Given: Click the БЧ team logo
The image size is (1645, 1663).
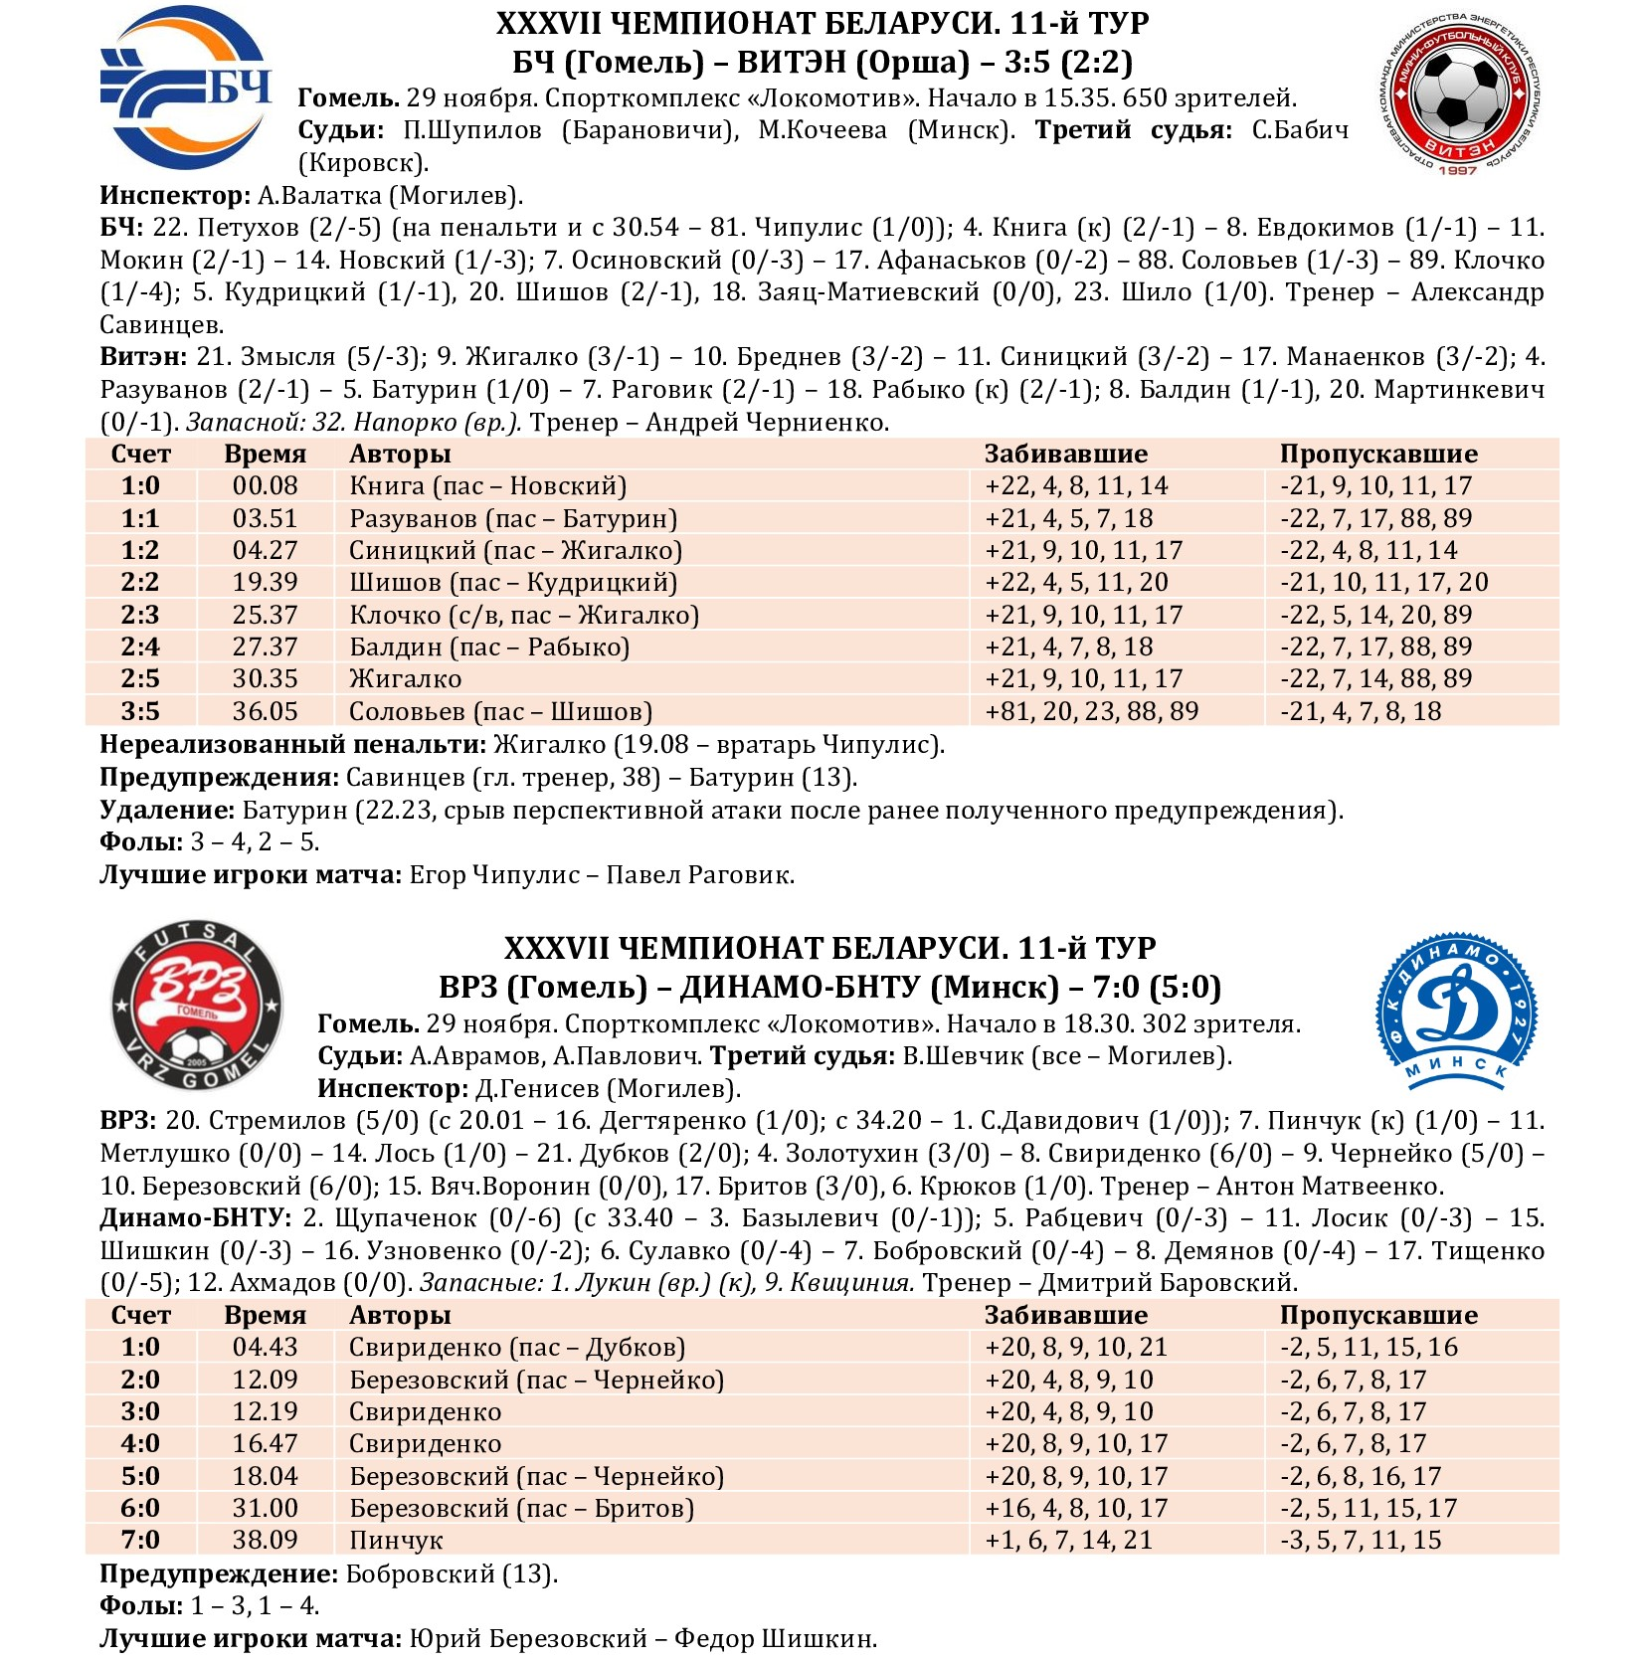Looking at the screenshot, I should point(186,89).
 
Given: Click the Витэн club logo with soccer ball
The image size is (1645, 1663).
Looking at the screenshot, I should point(1460,93).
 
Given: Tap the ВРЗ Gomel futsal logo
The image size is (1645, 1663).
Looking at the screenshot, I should point(196,1006).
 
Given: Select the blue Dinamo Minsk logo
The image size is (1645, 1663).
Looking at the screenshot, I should point(1457,1010).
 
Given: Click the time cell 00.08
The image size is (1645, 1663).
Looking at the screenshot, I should point(265,486).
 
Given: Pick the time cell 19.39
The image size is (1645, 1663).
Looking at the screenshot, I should point(265,583).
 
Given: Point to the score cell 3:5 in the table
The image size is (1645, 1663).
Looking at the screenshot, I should point(140,711).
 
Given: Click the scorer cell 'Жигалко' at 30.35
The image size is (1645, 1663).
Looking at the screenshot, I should point(405,679).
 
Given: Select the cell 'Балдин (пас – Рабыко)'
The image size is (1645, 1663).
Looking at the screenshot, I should point(489,647).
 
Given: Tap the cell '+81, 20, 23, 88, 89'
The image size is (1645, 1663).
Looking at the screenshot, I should point(1091,711).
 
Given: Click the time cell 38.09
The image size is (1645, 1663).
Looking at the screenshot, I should point(265,1541).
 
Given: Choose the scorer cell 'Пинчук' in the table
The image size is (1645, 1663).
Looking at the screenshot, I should point(395,1541).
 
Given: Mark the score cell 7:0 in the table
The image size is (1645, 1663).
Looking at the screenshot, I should point(140,1541).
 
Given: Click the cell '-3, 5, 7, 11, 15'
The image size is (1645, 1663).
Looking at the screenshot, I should point(1361,1541).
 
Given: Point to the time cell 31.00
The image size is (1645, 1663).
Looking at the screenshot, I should point(265,1509).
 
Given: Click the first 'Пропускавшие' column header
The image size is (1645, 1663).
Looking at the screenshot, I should point(1378,455).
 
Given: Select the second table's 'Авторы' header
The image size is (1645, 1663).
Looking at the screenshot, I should point(400,1316).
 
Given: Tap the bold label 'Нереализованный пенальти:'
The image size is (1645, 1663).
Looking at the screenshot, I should point(292,745).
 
